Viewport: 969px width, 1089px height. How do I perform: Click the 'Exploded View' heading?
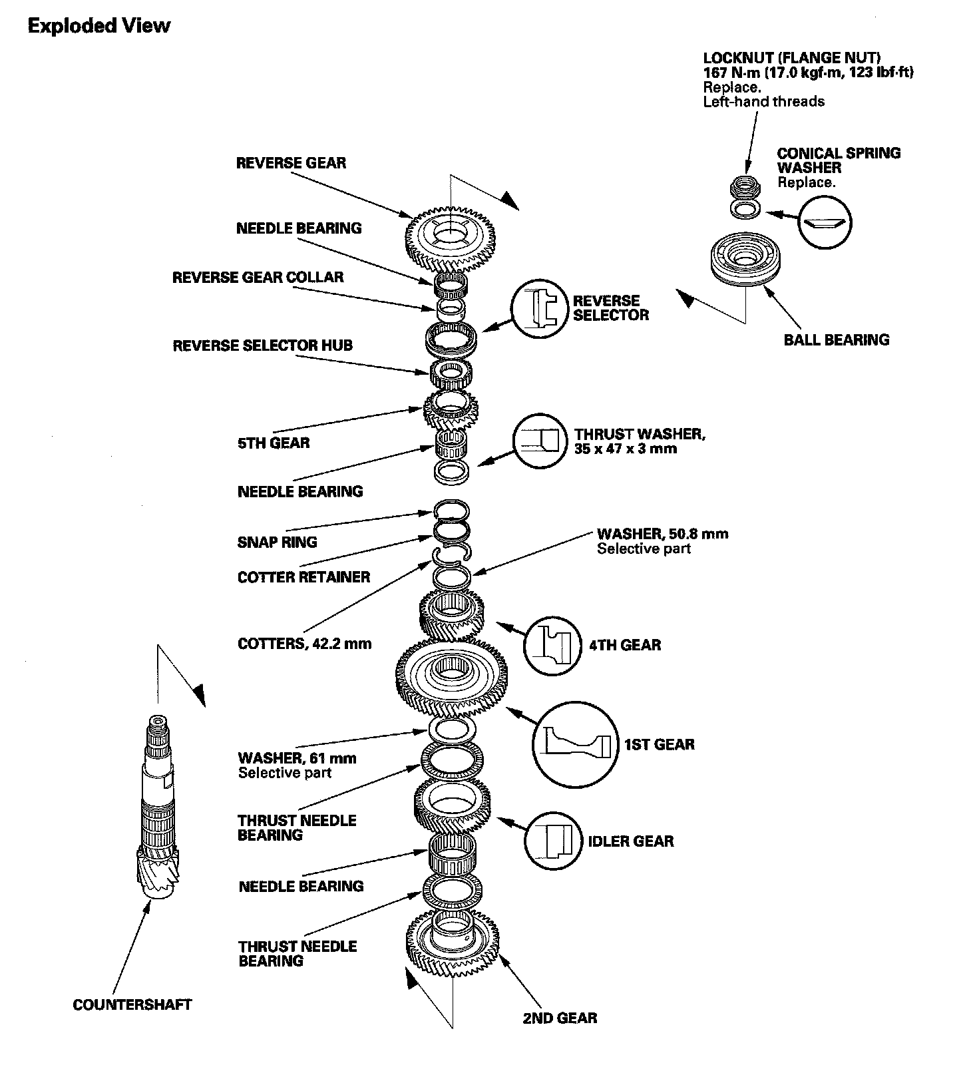(99, 26)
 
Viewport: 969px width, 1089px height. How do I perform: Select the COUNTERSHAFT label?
(132, 1004)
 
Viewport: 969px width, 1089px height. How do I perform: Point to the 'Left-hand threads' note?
(763, 101)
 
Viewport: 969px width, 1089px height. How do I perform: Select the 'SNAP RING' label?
(277, 542)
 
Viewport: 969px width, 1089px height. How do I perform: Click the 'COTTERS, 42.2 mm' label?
(304, 644)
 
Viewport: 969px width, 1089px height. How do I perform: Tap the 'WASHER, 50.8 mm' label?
(662, 533)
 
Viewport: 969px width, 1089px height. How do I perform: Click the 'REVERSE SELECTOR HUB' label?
(262, 345)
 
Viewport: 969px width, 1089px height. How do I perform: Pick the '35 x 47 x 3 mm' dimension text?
(626, 449)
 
